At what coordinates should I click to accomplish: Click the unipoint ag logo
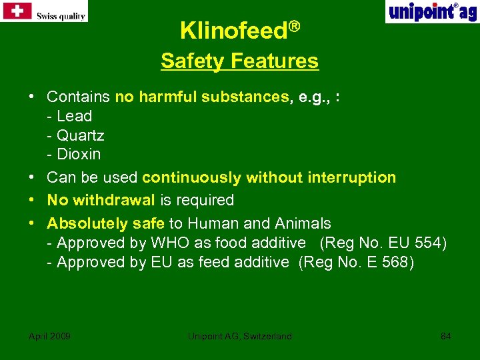point(431,11)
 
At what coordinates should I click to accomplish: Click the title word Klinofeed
point(233,30)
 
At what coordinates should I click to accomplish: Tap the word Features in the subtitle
point(275,61)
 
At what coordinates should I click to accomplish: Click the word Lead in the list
point(75,116)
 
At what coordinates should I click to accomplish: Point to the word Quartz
point(81,135)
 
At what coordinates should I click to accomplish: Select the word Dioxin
point(79,155)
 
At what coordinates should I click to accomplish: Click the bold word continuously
point(192,177)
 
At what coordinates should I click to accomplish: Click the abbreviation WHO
point(170,243)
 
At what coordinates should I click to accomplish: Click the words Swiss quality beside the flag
point(61,16)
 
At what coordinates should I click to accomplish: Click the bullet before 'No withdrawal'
point(32,200)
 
